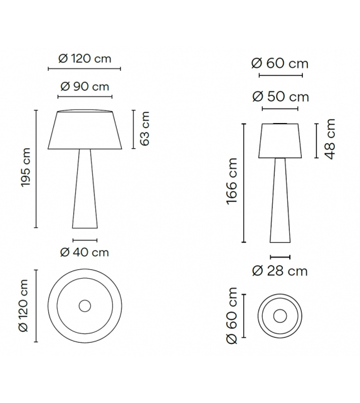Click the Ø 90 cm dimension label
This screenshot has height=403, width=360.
click(x=84, y=87)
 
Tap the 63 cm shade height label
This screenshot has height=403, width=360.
click(x=145, y=130)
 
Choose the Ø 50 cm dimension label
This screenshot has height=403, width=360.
click(x=280, y=97)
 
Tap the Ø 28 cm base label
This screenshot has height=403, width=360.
click(x=280, y=271)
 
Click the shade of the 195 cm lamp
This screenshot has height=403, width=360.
click(x=84, y=131)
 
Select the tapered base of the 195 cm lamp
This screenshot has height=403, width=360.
click(x=84, y=188)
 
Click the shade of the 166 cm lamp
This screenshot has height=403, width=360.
click(x=280, y=141)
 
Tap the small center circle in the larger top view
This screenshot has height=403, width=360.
click(x=84, y=306)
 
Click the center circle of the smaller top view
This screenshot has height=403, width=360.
click(x=280, y=316)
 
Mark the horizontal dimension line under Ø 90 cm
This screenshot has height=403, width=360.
click(x=84, y=97)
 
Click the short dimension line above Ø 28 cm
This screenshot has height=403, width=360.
click(x=280, y=257)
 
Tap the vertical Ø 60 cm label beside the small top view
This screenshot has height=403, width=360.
click(x=233, y=316)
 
